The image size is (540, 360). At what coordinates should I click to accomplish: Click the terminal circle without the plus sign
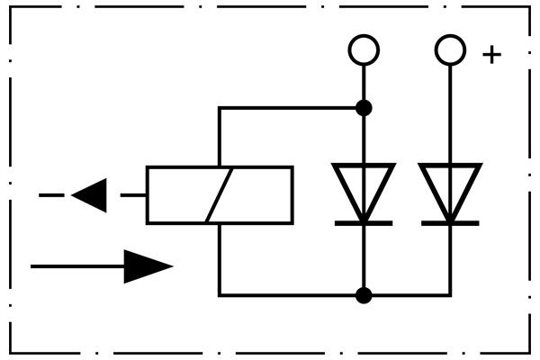[364, 50]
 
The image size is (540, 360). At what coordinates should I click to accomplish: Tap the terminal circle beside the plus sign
[450, 50]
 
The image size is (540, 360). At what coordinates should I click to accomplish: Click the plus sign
[491, 54]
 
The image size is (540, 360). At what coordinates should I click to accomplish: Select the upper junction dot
[364, 108]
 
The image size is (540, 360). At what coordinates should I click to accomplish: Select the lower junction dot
[364, 294]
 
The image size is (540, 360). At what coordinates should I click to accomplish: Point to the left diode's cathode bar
[364, 221]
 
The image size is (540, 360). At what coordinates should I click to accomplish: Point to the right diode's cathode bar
[450, 221]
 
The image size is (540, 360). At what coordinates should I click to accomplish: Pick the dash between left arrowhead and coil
[133, 194]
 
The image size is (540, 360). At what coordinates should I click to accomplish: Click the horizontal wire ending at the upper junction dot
[288, 108]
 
